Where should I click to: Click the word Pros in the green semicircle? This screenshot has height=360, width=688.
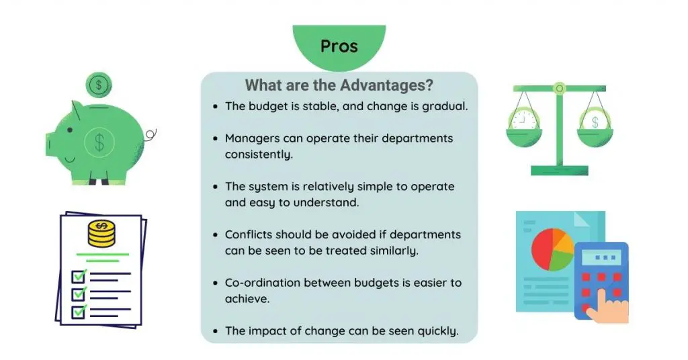point(339,46)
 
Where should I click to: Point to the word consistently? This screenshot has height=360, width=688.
point(259,154)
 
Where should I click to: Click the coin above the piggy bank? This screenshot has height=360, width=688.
point(99,85)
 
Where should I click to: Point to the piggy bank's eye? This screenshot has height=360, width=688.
point(70,130)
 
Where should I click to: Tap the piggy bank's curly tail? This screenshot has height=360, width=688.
point(150,134)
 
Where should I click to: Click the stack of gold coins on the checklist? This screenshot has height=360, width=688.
point(101,233)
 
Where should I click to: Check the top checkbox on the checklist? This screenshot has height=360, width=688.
point(79,277)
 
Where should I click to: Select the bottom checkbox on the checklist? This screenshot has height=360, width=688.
point(79,312)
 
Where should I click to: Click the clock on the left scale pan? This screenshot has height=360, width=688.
point(524,119)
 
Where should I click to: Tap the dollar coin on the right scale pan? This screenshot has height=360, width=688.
point(595,120)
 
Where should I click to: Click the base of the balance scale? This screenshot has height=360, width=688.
point(560,171)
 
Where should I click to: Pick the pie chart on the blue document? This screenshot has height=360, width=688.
point(552,249)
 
